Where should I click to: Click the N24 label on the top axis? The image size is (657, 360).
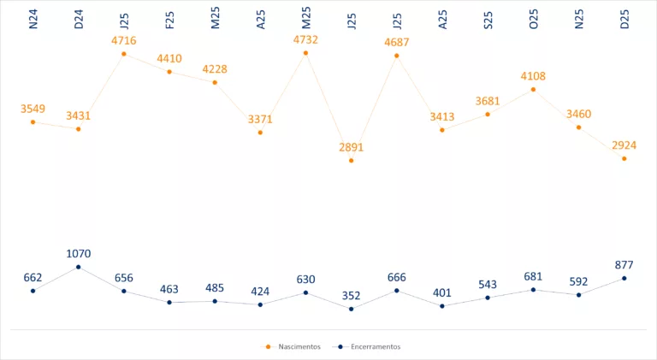33,20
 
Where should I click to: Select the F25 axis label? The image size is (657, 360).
169,20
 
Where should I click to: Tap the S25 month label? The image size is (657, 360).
488,20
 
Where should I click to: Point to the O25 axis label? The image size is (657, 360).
533,20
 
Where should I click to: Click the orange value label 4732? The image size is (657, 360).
305,39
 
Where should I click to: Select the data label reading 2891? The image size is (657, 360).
352,147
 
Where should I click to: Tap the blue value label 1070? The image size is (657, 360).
79,253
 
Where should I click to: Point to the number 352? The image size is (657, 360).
352,296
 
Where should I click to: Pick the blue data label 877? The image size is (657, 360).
624,264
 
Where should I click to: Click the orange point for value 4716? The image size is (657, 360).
124,54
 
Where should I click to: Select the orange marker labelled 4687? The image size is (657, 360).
397,56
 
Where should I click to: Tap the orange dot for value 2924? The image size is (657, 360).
624,158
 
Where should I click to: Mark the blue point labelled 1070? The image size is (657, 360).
79,267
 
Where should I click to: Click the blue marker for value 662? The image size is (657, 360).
33,291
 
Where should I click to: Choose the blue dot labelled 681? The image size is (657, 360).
533,290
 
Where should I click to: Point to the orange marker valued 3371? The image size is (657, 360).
260,133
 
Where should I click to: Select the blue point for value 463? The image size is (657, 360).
169,302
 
